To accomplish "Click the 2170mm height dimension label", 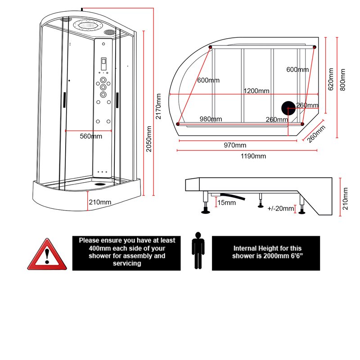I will pos(158,106).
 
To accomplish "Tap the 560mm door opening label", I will pos(90,136).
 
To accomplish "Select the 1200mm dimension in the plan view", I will pos(256,91).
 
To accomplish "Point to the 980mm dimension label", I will pos(211,119).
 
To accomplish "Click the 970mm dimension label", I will pos(235,145).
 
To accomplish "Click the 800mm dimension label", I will pos(343,80).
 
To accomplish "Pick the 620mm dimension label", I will pos(331,80).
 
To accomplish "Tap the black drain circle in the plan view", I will pos(288,109).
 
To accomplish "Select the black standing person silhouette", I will pos(197,251).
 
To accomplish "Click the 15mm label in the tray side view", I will pos(226,203).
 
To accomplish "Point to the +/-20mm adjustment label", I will pos(281,208).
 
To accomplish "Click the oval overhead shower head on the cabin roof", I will pos(88,26).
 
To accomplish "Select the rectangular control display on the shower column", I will pos(103,63).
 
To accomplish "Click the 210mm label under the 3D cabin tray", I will pos(100,202).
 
